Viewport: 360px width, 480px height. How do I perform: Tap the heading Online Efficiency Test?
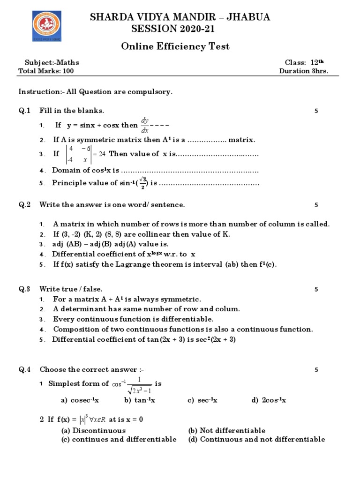tap(175, 46)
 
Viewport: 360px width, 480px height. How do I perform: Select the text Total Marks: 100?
tap(45, 71)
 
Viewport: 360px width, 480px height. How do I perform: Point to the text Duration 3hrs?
tap(303, 71)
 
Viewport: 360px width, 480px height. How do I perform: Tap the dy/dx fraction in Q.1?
tap(145, 125)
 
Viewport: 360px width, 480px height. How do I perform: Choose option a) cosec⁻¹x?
tap(80, 400)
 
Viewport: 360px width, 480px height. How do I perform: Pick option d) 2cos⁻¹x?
tap(269, 400)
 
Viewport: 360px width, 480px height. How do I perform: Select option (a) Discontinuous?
tap(94, 430)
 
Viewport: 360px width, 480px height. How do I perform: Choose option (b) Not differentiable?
tap(226, 430)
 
